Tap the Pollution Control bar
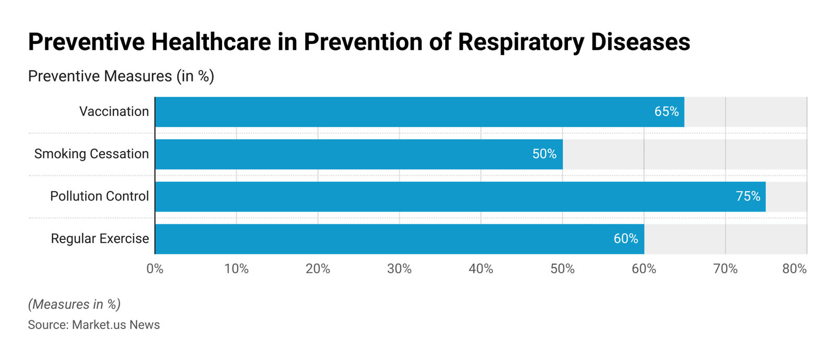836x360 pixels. tap(460, 196)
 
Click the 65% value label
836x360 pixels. tap(666, 112)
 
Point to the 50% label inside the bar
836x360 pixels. tap(544, 154)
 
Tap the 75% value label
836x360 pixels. tap(748, 196)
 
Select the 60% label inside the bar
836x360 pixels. tap(625, 239)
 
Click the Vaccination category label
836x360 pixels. tap(114, 112)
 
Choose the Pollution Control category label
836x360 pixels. tap(99, 196)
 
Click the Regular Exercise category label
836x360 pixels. tap(100, 239)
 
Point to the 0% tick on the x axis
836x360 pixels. tap(155, 269)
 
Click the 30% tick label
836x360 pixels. tap(399, 269)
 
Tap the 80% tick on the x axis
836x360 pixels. tap(794, 269)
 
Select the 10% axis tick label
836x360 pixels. tap(236, 269)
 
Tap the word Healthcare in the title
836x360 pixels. tap(211, 42)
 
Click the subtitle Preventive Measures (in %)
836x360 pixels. tap(121, 76)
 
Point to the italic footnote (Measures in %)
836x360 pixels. tap(74, 304)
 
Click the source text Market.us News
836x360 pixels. tap(115, 325)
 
